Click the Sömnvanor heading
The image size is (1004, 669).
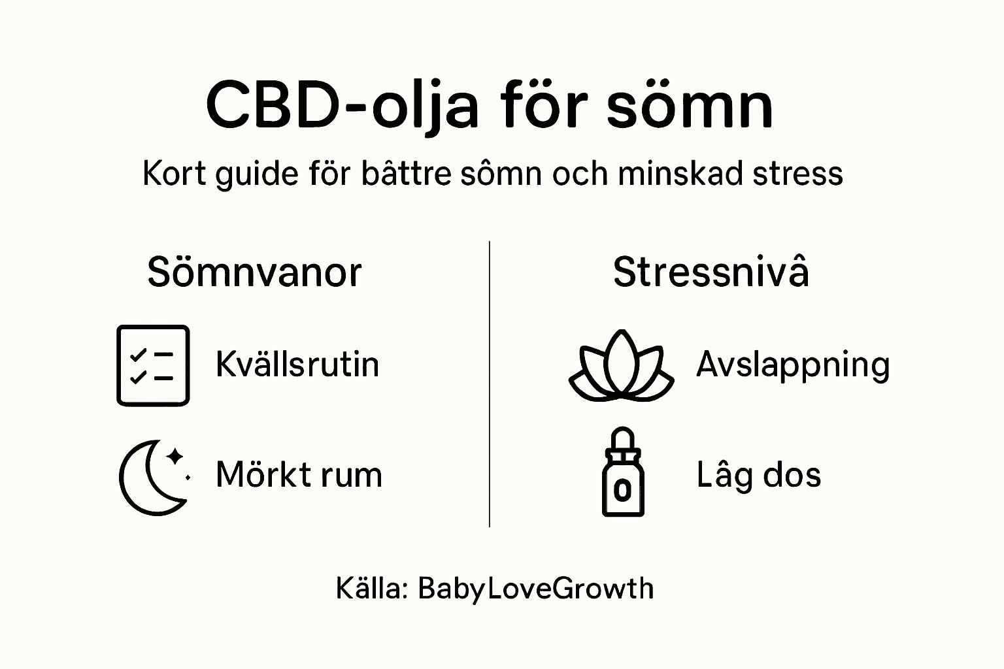tap(254, 272)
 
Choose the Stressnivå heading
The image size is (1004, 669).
tap(711, 272)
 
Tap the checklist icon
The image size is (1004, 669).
tap(153, 365)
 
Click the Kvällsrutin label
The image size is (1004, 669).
tap(297, 364)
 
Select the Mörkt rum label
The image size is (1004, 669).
tap(299, 475)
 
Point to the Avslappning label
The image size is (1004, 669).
tap(793, 365)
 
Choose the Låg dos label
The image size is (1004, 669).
tap(758, 475)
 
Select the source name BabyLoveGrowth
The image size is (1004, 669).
tap(535, 589)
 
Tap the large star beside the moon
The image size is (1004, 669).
tap(175, 455)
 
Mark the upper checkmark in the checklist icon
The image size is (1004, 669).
tap(138, 355)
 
